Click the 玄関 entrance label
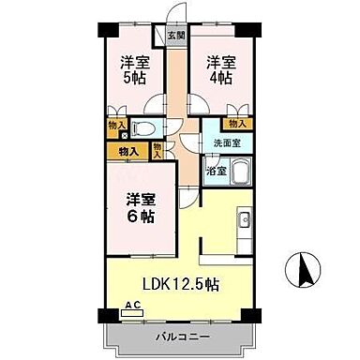(x=175, y=37)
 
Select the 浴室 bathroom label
(x=216, y=171)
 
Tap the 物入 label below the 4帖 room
(x=236, y=123)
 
